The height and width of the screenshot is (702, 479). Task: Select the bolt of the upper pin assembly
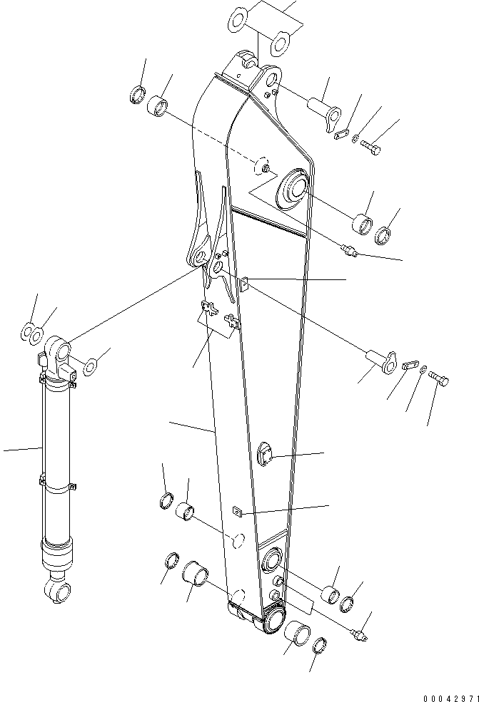coord(370,148)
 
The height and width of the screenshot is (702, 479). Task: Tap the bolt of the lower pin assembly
coord(440,383)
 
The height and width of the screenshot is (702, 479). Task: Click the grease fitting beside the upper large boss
coord(348,250)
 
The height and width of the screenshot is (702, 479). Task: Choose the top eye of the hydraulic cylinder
coord(58,351)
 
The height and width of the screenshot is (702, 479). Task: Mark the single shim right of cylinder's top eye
coord(91,368)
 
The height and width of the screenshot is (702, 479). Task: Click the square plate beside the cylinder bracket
coord(243,284)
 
